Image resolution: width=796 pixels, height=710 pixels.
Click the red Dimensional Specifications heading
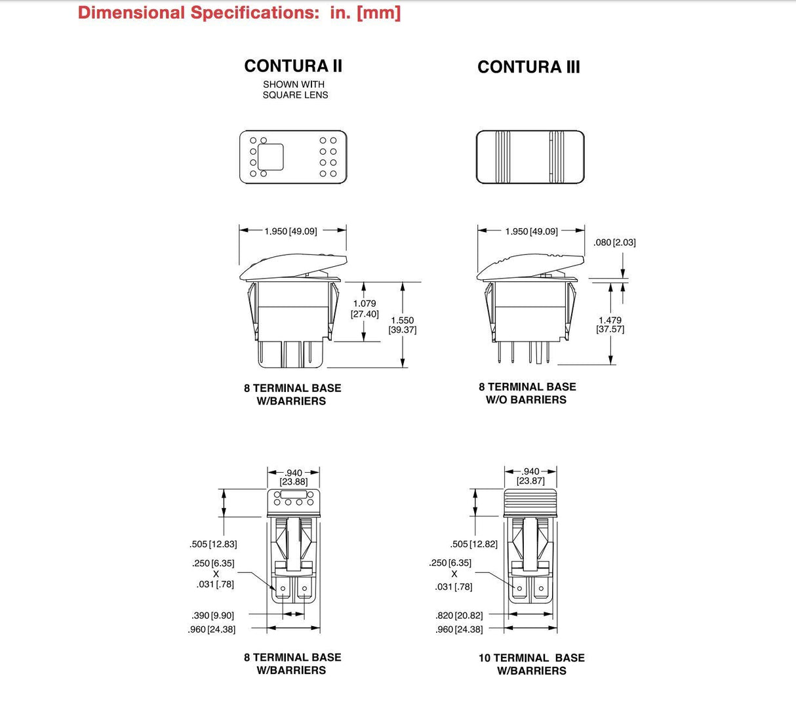tap(239, 12)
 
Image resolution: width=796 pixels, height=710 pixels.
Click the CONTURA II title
tap(293, 66)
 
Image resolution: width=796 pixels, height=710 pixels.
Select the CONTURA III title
tap(528, 67)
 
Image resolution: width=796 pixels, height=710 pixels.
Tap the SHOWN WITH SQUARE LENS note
tap(294, 90)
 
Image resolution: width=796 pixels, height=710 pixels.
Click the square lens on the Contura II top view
tap(270, 157)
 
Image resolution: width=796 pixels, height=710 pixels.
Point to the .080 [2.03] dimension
tap(614, 243)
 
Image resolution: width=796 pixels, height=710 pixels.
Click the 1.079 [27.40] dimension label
tap(365, 309)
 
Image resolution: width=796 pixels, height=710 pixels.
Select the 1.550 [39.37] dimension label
tap(402, 325)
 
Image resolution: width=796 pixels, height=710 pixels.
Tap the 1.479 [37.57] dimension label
tap(610, 325)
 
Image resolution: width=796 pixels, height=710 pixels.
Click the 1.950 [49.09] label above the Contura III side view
tap(531, 231)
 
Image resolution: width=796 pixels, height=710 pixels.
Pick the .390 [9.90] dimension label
tap(212, 616)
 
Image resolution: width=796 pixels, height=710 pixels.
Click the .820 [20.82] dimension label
tap(458, 616)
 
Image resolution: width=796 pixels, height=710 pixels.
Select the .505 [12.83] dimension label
tap(213, 544)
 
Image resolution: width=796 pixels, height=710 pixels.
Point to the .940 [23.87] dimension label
tap(530, 476)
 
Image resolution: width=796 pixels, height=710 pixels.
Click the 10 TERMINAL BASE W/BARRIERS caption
tap(531, 664)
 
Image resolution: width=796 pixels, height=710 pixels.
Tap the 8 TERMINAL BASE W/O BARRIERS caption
tap(527, 393)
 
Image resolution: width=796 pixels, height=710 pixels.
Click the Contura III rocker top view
tap(530, 157)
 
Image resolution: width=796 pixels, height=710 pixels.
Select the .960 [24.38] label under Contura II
tap(212, 629)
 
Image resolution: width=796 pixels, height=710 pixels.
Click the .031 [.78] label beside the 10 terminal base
tap(453, 587)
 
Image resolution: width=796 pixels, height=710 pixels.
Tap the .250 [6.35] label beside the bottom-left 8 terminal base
tap(213, 563)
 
